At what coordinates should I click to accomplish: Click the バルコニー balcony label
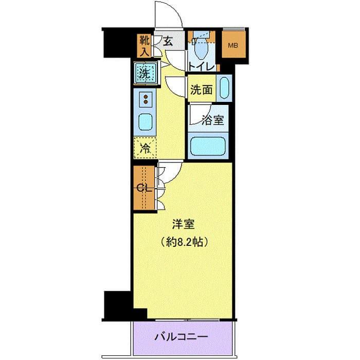point(182,338)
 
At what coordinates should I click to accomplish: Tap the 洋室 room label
point(183,225)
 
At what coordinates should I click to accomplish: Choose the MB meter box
point(233,45)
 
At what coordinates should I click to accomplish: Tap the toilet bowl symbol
point(202,49)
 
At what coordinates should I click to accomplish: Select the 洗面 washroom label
point(201,90)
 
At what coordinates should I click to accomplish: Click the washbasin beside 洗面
point(224,88)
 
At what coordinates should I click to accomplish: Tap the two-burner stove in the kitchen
point(146,99)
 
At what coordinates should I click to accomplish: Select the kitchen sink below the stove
point(146,122)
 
